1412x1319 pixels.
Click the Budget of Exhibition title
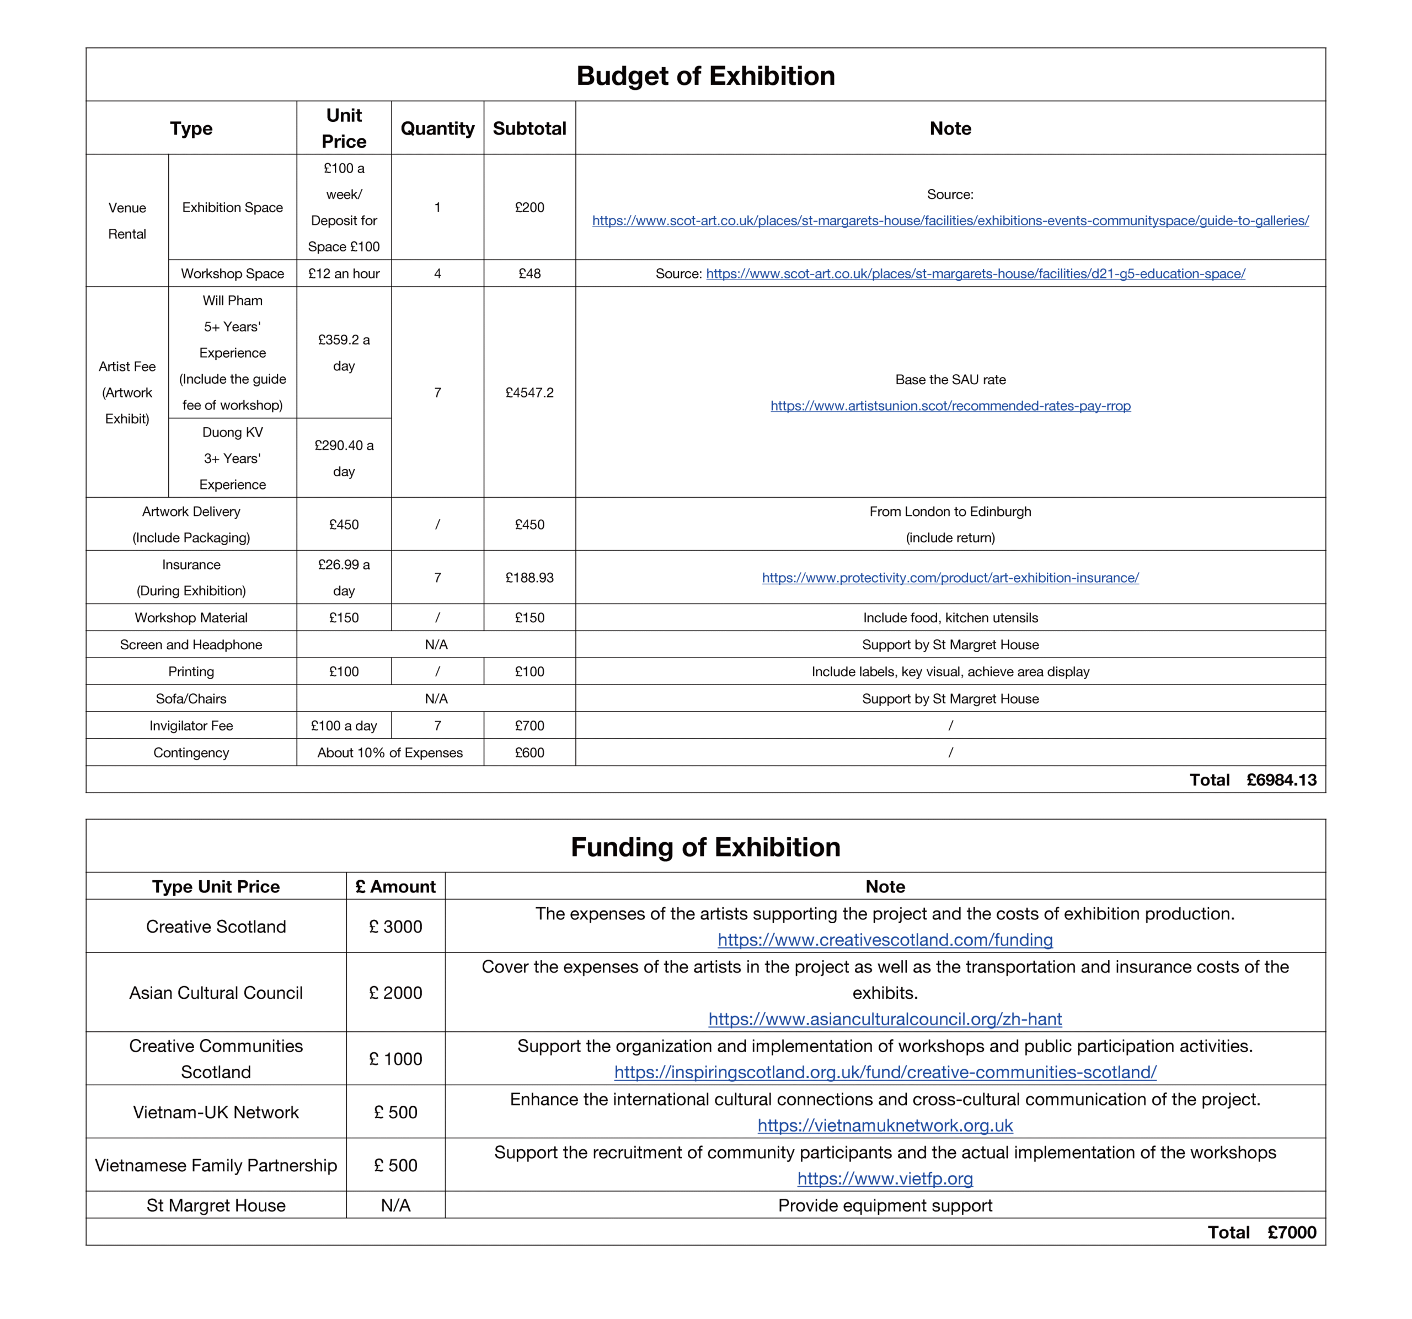point(705,76)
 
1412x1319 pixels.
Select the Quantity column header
point(437,128)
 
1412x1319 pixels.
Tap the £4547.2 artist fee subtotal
point(529,392)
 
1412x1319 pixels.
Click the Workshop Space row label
point(232,273)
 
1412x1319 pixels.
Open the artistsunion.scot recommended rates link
point(950,406)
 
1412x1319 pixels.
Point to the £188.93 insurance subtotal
point(529,578)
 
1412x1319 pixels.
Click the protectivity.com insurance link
point(950,578)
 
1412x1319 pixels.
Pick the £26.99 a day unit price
point(344,577)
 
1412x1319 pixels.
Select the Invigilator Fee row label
point(191,725)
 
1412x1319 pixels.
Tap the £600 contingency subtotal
point(529,752)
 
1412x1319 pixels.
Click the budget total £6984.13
point(1281,780)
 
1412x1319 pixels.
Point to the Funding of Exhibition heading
point(705,848)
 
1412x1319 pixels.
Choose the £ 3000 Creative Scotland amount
point(395,927)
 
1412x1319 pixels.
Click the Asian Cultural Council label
point(216,993)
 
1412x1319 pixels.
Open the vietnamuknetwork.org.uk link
point(885,1126)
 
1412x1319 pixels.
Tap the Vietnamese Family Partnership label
point(216,1166)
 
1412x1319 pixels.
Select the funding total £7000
point(1291,1232)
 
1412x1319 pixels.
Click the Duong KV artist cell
point(232,458)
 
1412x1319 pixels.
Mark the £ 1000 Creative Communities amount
point(395,1059)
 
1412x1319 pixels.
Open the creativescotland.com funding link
point(885,940)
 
